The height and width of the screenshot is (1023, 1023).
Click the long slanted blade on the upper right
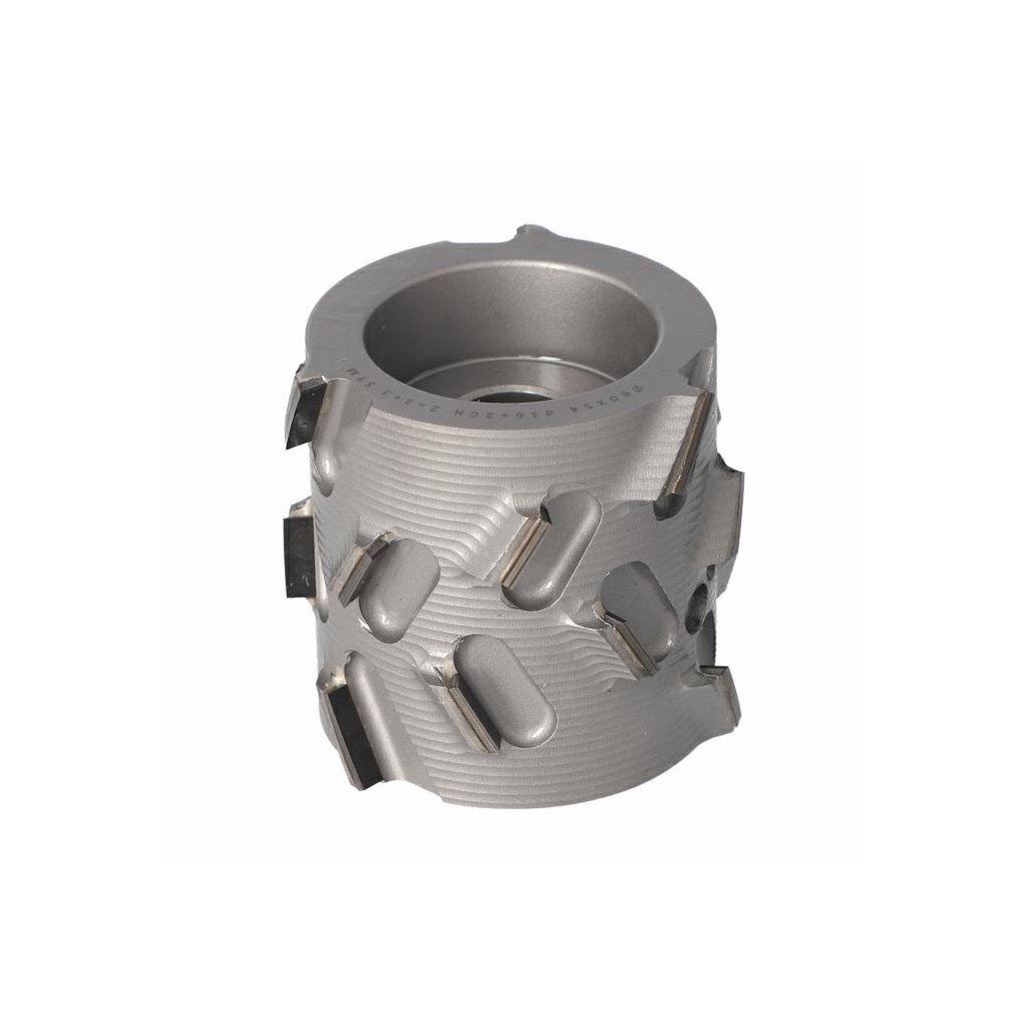(x=685, y=445)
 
